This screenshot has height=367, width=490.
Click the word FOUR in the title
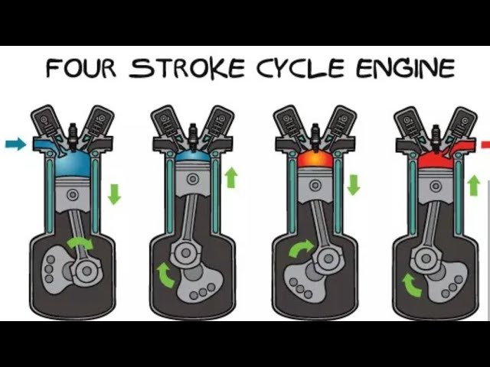81,68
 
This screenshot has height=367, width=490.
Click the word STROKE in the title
187,68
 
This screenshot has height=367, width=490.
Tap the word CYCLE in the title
301,68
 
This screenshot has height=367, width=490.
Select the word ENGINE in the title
406,68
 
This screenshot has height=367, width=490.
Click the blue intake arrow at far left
15,144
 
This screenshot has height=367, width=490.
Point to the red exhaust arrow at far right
485,145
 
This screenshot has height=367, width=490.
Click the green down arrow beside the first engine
114,193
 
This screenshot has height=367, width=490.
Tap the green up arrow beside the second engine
231,177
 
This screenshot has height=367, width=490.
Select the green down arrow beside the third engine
354,185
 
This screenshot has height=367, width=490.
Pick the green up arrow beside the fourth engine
474,185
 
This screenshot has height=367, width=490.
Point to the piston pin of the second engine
193,179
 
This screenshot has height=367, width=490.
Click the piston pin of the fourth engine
436,187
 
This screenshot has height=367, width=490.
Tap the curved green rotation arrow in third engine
300,248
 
